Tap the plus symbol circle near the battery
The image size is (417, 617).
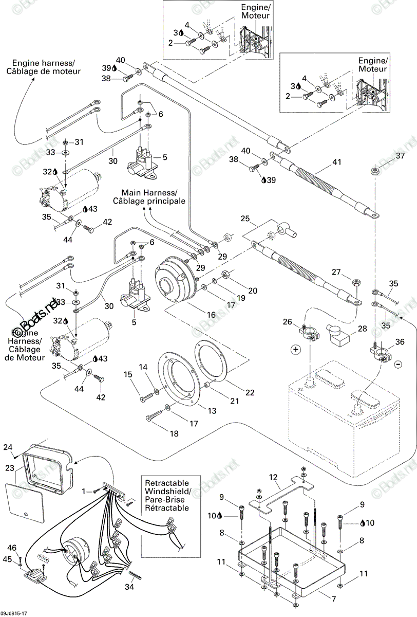[296, 350]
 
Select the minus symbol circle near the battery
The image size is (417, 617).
[398, 365]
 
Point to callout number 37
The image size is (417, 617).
[400, 156]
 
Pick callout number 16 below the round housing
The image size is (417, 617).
[211, 315]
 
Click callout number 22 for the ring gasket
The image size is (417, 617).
[250, 392]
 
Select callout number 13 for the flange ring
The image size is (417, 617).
[212, 411]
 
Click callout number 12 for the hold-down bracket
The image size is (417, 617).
[273, 477]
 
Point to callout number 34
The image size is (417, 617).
[129, 587]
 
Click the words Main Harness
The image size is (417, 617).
[148, 192]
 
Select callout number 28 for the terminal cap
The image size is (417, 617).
[362, 329]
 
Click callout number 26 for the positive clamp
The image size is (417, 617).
[288, 321]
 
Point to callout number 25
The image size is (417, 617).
[245, 219]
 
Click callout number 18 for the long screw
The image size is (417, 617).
[174, 433]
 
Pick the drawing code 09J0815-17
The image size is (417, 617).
[12, 614]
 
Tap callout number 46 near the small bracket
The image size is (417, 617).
[12, 548]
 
